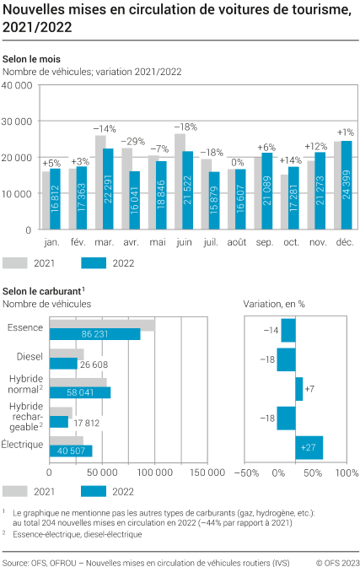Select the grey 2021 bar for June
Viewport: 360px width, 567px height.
tap(180, 181)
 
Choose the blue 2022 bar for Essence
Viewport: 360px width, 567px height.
tap(95, 334)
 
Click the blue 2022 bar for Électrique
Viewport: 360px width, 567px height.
tap(71, 450)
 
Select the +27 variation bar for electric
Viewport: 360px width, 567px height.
tap(309, 448)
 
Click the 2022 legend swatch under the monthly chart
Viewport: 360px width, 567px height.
tap(97, 263)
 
